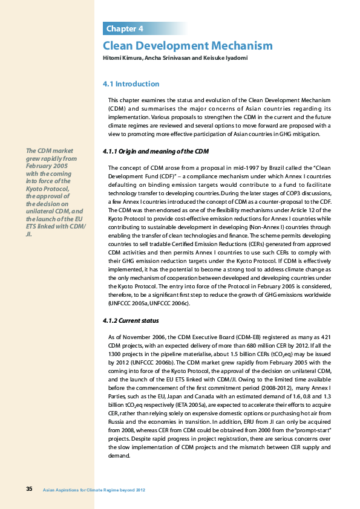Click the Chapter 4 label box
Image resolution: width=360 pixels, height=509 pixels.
pyautogui.click(x=125, y=29)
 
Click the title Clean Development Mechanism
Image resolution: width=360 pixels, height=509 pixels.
pyautogui.click(x=188, y=46)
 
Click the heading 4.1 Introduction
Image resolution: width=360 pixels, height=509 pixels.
pyautogui.click(x=131, y=83)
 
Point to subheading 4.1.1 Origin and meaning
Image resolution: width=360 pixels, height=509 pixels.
pyautogui.click(x=156, y=151)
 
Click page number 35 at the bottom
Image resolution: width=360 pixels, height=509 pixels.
pyautogui.click(x=29, y=488)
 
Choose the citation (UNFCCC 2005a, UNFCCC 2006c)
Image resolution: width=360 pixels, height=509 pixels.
pyautogui.click(x=149, y=303)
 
